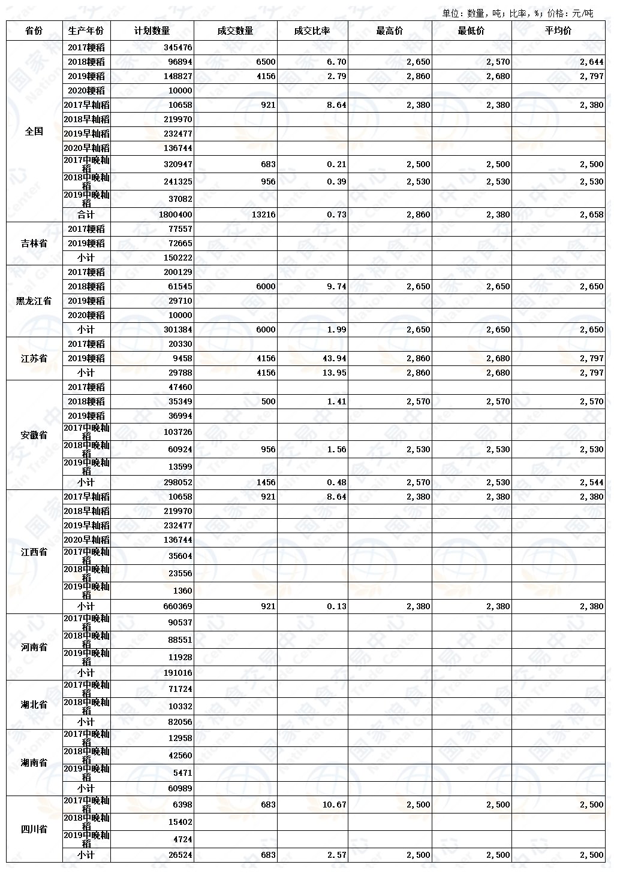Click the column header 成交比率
click(312, 31)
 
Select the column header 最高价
click(390, 31)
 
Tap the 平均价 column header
click(558, 31)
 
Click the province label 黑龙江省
click(34, 301)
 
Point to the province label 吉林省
click(34, 244)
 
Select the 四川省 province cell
click(34, 830)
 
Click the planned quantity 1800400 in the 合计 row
click(176, 215)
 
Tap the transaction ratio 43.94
click(334, 359)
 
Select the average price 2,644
click(592, 62)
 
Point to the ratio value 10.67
click(334, 805)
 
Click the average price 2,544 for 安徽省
click(592, 483)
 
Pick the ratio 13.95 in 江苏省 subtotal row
click(334, 373)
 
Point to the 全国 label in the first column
click(34, 131)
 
